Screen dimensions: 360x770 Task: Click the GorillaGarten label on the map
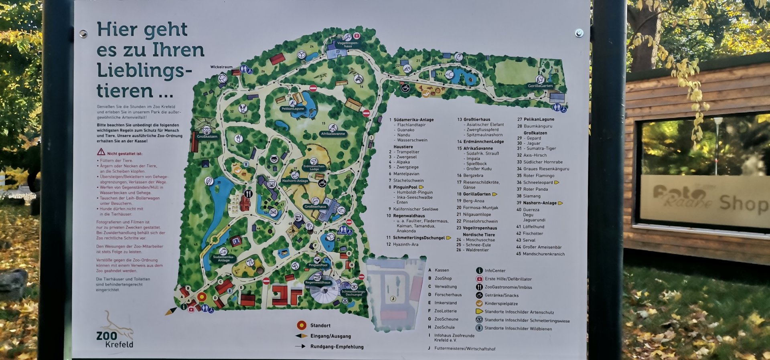coord(540,86)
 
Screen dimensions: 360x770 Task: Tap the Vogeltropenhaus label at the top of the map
coord(348,44)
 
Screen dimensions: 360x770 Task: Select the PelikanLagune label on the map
coord(293,109)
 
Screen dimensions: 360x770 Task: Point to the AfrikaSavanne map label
coord(333,134)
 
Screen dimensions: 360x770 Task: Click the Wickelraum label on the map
coord(221,67)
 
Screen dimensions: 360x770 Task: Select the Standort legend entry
coord(320,326)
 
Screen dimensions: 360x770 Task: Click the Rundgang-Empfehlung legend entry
coord(336,347)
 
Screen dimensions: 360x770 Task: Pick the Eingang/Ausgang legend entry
coord(330,336)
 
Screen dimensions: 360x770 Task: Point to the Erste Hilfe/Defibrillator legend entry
coord(508,279)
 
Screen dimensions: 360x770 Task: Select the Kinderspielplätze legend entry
coord(501,304)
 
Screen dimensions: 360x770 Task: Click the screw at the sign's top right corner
coord(579,33)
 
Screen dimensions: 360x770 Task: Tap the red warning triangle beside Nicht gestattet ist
coord(101,152)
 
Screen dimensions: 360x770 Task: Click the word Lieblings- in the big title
coord(144,71)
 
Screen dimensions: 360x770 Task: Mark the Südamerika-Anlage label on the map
coord(223,259)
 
